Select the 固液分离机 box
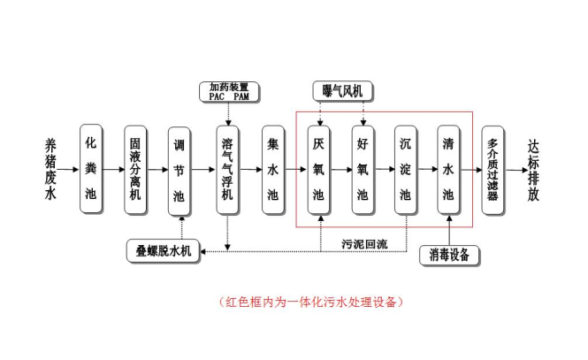coord(136,168)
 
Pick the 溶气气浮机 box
coord(228,168)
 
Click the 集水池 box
coord(272,168)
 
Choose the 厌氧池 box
coord(318,168)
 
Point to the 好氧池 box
coord(362,168)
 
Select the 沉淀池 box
coord(406,168)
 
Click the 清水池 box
coord(449,168)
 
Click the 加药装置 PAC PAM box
coord(228,91)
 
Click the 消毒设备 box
coord(449,255)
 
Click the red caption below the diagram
coord(310,302)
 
